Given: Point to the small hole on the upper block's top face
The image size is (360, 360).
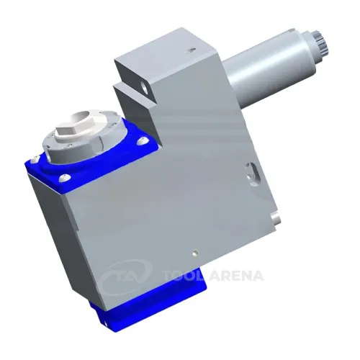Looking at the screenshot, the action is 192,50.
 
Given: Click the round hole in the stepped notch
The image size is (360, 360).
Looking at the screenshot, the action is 145,89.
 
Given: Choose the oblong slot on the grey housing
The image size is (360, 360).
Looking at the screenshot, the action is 252,174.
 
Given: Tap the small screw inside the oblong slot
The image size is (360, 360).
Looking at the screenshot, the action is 250,176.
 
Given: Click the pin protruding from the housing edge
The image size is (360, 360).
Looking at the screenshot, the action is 275,219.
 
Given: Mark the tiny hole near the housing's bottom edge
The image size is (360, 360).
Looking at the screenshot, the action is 196,253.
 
